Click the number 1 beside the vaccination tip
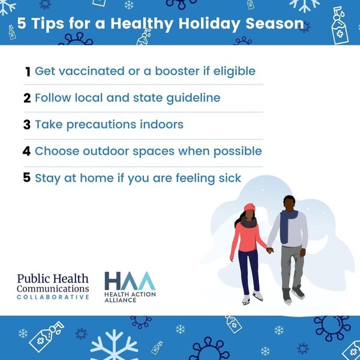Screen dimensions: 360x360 click(28, 71)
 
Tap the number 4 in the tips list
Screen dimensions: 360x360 click(26, 151)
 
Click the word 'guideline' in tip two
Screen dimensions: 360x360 click(193, 98)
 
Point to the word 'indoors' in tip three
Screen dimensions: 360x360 click(161, 124)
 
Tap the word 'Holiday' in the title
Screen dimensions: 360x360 click(209, 24)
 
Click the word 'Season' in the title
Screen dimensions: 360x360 click(275, 23)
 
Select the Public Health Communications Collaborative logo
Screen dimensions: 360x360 click(53, 287)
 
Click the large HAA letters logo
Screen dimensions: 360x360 click(130, 281)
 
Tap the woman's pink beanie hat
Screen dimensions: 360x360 click(250, 208)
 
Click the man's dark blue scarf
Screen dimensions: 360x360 click(287, 226)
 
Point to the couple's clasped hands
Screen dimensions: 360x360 click(270, 250)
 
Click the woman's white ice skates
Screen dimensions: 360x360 click(252, 298)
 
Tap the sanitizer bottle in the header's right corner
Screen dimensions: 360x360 click(340, 26)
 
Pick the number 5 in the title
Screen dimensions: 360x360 click(22, 23)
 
